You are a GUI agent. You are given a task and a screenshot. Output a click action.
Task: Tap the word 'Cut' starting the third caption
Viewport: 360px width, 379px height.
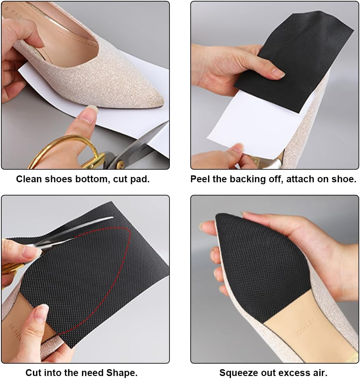pyautogui.click(x=34, y=373)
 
